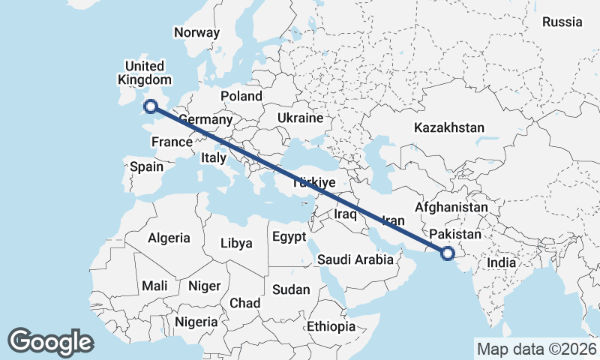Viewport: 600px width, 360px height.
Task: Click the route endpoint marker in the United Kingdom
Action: pos(151,106)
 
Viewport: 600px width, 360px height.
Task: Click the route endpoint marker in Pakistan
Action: pos(448,253)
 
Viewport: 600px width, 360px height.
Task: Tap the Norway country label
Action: pos(196,32)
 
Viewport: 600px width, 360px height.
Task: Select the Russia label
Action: pos(562,22)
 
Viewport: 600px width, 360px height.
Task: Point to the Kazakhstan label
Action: pos(449,127)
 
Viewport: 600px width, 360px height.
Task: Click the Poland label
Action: pos(241,96)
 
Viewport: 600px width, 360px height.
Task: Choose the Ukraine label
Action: pos(299,118)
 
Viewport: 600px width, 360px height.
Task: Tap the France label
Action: pos(172,142)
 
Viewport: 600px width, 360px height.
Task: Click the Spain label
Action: pos(146,166)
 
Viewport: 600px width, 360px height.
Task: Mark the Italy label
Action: pos(213,157)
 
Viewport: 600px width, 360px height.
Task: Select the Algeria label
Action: pos(169,238)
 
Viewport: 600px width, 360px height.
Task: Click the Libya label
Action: pos(236,243)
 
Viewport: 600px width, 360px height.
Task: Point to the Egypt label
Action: pos(289,237)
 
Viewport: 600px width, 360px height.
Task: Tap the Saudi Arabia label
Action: pos(355,259)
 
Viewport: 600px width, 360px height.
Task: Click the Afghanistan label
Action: pos(451,207)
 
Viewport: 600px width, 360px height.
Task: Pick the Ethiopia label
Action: pos(331,327)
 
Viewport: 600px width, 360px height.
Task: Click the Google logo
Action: pos(50,342)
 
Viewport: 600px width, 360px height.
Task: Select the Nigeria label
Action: pos(196,322)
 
